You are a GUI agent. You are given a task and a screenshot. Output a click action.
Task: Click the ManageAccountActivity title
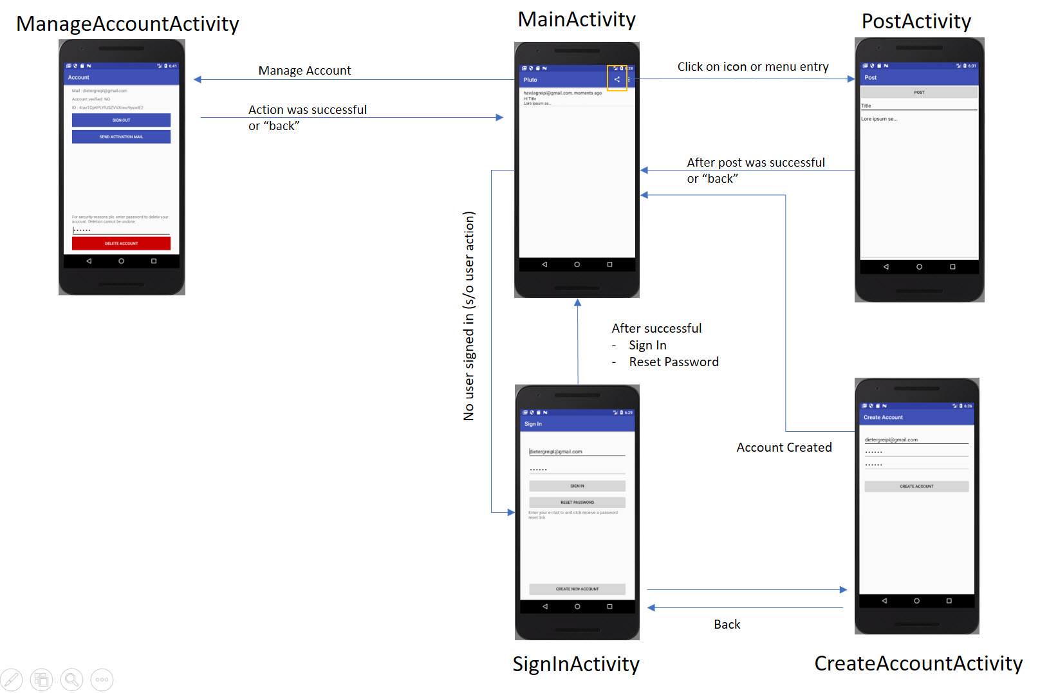click(127, 24)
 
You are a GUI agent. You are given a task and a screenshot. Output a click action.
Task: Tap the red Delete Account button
click(121, 243)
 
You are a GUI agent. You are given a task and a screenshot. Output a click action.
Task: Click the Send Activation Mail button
click(121, 136)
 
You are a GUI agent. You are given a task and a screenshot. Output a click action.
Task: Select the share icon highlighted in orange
click(617, 79)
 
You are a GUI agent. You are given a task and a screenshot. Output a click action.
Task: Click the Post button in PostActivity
click(919, 93)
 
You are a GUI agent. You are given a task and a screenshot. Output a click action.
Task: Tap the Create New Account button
click(577, 589)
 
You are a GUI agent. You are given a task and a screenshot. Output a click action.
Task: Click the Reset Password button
click(577, 502)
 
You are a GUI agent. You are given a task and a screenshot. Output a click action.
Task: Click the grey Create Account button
click(916, 486)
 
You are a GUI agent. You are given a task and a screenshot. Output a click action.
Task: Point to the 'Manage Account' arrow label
click(304, 70)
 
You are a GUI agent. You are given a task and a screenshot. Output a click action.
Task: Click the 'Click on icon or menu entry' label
click(753, 67)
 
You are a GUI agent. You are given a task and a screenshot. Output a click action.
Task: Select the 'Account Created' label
click(784, 447)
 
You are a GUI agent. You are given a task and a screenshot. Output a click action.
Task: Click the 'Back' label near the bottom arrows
click(727, 624)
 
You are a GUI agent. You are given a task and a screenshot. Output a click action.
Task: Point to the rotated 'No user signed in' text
click(469, 315)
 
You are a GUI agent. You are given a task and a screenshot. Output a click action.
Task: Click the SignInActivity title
click(576, 664)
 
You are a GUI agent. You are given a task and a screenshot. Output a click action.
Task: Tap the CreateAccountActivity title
click(918, 663)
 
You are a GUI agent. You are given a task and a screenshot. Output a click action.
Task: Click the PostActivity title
click(916, 21)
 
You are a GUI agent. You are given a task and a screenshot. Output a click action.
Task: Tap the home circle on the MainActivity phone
click(577, 264)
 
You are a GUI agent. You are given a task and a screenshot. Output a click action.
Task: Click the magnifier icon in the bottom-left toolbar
click(71, 679)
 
